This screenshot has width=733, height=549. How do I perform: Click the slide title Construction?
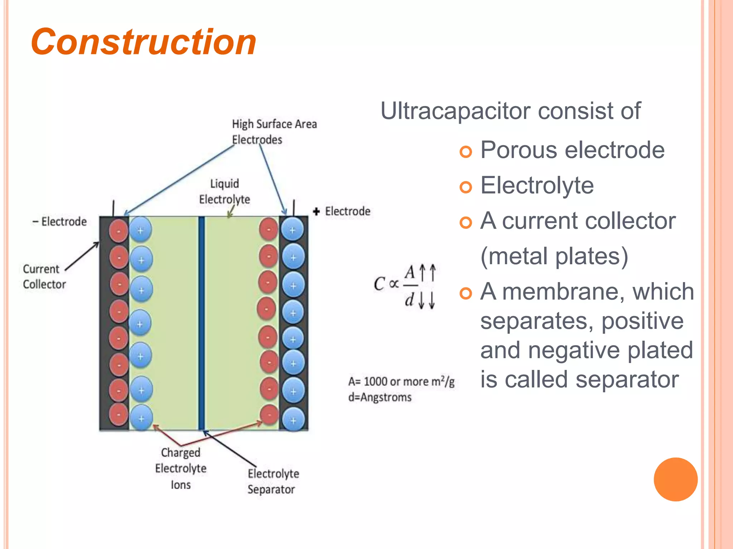click(144, 42)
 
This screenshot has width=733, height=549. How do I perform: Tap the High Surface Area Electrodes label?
click(274, 132)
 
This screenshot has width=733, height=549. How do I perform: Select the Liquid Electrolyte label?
click(224, 192)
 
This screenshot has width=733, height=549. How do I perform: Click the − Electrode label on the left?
click(60, 222)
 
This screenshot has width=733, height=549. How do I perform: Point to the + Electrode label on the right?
click(342, 211)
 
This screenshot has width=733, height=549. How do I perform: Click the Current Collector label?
click(44, 277)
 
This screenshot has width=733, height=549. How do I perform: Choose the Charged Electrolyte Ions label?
click(181, 468)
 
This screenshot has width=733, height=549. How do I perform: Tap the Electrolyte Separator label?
click(273, 481)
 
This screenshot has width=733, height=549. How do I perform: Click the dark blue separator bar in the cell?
click(202, 322)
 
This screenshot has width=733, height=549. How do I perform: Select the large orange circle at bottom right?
click(675, 479)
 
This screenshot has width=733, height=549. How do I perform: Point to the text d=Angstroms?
click(380, 397)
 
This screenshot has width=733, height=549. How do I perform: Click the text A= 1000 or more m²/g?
click(401, 381)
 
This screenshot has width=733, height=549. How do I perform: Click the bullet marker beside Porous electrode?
click(466, 152)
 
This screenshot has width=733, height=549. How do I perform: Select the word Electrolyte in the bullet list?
click(537, 186)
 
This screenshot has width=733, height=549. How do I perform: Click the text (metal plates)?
click(554, 256)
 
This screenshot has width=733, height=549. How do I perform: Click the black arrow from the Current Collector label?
click(83, 256)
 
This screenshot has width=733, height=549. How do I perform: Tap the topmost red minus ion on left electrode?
click(118, 231)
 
